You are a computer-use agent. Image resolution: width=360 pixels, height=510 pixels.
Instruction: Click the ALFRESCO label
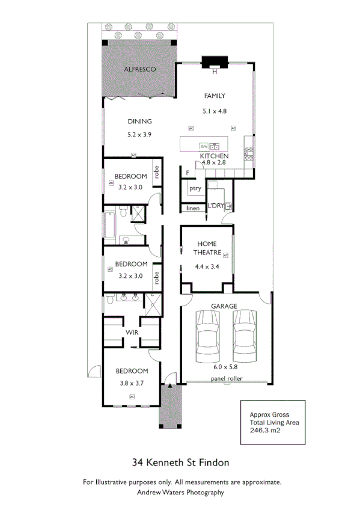pos(139,70)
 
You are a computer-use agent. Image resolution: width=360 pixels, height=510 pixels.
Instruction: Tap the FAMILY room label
pos(214,96)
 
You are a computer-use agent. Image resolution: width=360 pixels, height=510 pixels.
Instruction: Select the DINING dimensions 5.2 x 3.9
pos(139,135)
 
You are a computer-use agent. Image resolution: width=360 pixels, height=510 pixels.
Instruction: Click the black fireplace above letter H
pos(214,62)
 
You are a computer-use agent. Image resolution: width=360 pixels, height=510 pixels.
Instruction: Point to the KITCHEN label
pos(214,156)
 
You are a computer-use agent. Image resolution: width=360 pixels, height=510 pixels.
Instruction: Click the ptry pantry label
pos(195,188)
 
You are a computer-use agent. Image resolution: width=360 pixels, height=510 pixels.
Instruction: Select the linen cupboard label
pos(192,208)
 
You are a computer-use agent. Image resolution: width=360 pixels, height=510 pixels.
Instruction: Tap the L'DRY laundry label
pos(216,206)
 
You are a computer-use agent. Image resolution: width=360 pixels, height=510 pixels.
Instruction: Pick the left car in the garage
pos(206,336)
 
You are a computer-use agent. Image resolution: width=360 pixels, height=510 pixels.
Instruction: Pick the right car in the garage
pos(245,336)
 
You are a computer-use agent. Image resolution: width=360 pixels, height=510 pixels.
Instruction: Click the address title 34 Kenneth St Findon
pos(180,463)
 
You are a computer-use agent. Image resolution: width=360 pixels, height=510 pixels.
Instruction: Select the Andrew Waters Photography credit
pos(180,492)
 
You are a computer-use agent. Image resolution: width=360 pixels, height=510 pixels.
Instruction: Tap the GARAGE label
pos(222,306)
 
